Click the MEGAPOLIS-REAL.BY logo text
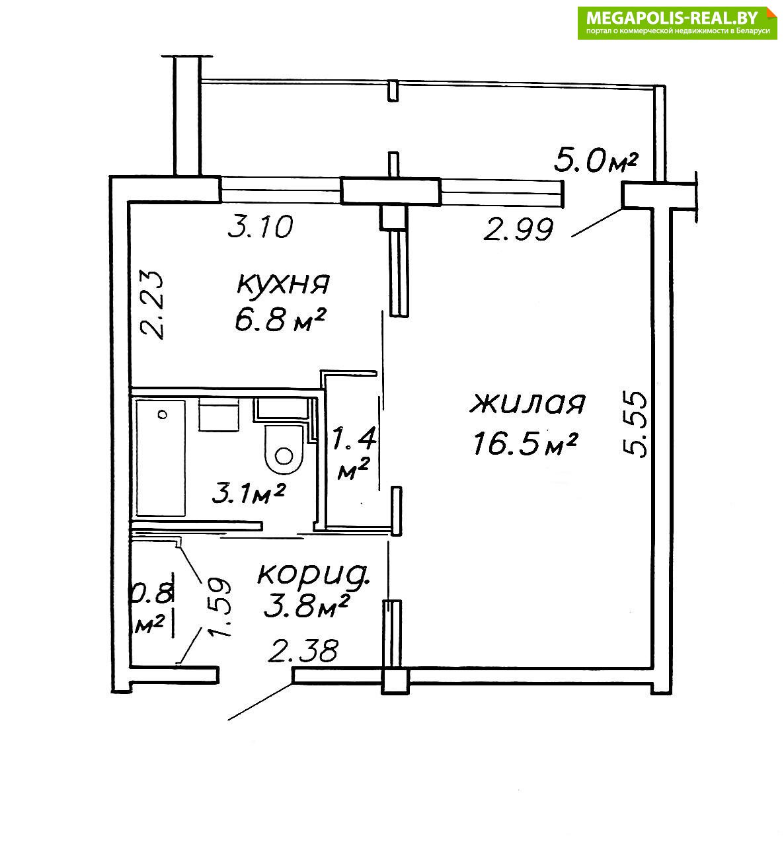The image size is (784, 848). point(672,17)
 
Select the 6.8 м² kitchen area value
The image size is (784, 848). point(280,320)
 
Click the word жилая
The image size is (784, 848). point(528,403)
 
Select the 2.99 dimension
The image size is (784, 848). point(518,229)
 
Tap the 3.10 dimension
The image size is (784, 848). point(260,226)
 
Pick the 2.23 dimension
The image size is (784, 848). point(152,305)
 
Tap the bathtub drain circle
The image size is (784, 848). point(162,414)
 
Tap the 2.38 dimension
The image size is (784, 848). point(303,651)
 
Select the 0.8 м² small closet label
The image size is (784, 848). point(151,608)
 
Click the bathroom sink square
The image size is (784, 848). point(218,414)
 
